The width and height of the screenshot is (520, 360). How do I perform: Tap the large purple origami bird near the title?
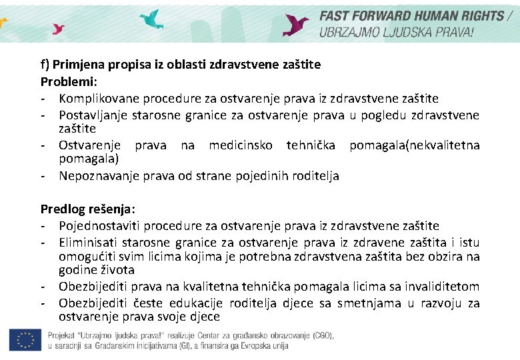click(x=295, y=25)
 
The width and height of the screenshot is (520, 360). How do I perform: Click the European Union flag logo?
click(x=25, y=340)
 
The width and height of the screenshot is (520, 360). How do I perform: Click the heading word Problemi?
click(x=69, y=81)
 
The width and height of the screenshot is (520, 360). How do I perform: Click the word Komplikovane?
click(x=95, y=99)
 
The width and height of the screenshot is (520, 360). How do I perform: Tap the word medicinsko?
click(x=240, y=145)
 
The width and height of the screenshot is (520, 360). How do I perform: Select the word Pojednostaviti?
click(x=99, y=226)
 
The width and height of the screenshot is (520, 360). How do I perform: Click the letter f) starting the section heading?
click(x=45, y=65)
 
